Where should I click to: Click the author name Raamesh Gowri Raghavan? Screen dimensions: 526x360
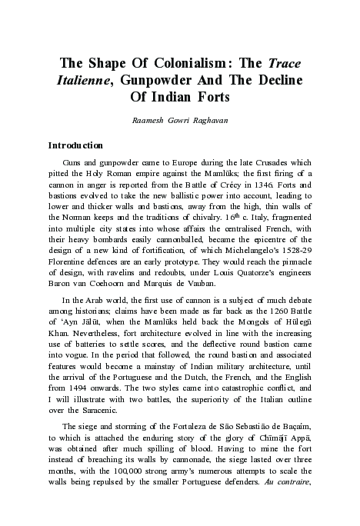point(180,121)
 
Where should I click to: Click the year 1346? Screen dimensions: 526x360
point(253,185)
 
